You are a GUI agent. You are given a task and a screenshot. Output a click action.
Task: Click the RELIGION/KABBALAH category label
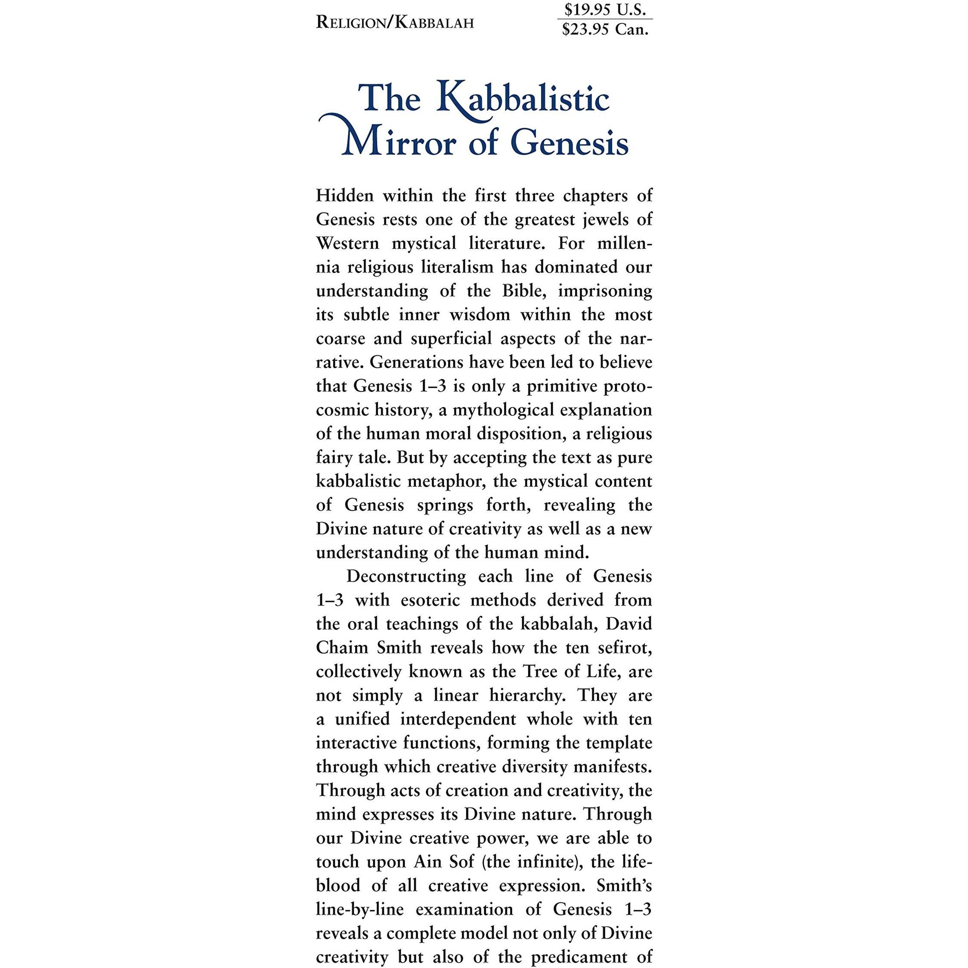[x=395, y=23]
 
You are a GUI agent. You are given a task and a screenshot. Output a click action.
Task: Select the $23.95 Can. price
[x=605, y=30]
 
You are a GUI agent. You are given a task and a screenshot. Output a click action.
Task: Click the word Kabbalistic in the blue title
[x=523, y=99]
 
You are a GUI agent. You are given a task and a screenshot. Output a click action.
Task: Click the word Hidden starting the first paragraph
[x=345, y=195]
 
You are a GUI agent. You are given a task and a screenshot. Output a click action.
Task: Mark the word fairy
[x=331, y=458]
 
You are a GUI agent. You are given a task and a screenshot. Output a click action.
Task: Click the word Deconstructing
[x=406, y=576]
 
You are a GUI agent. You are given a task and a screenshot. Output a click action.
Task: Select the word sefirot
[x=625, y=647]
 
